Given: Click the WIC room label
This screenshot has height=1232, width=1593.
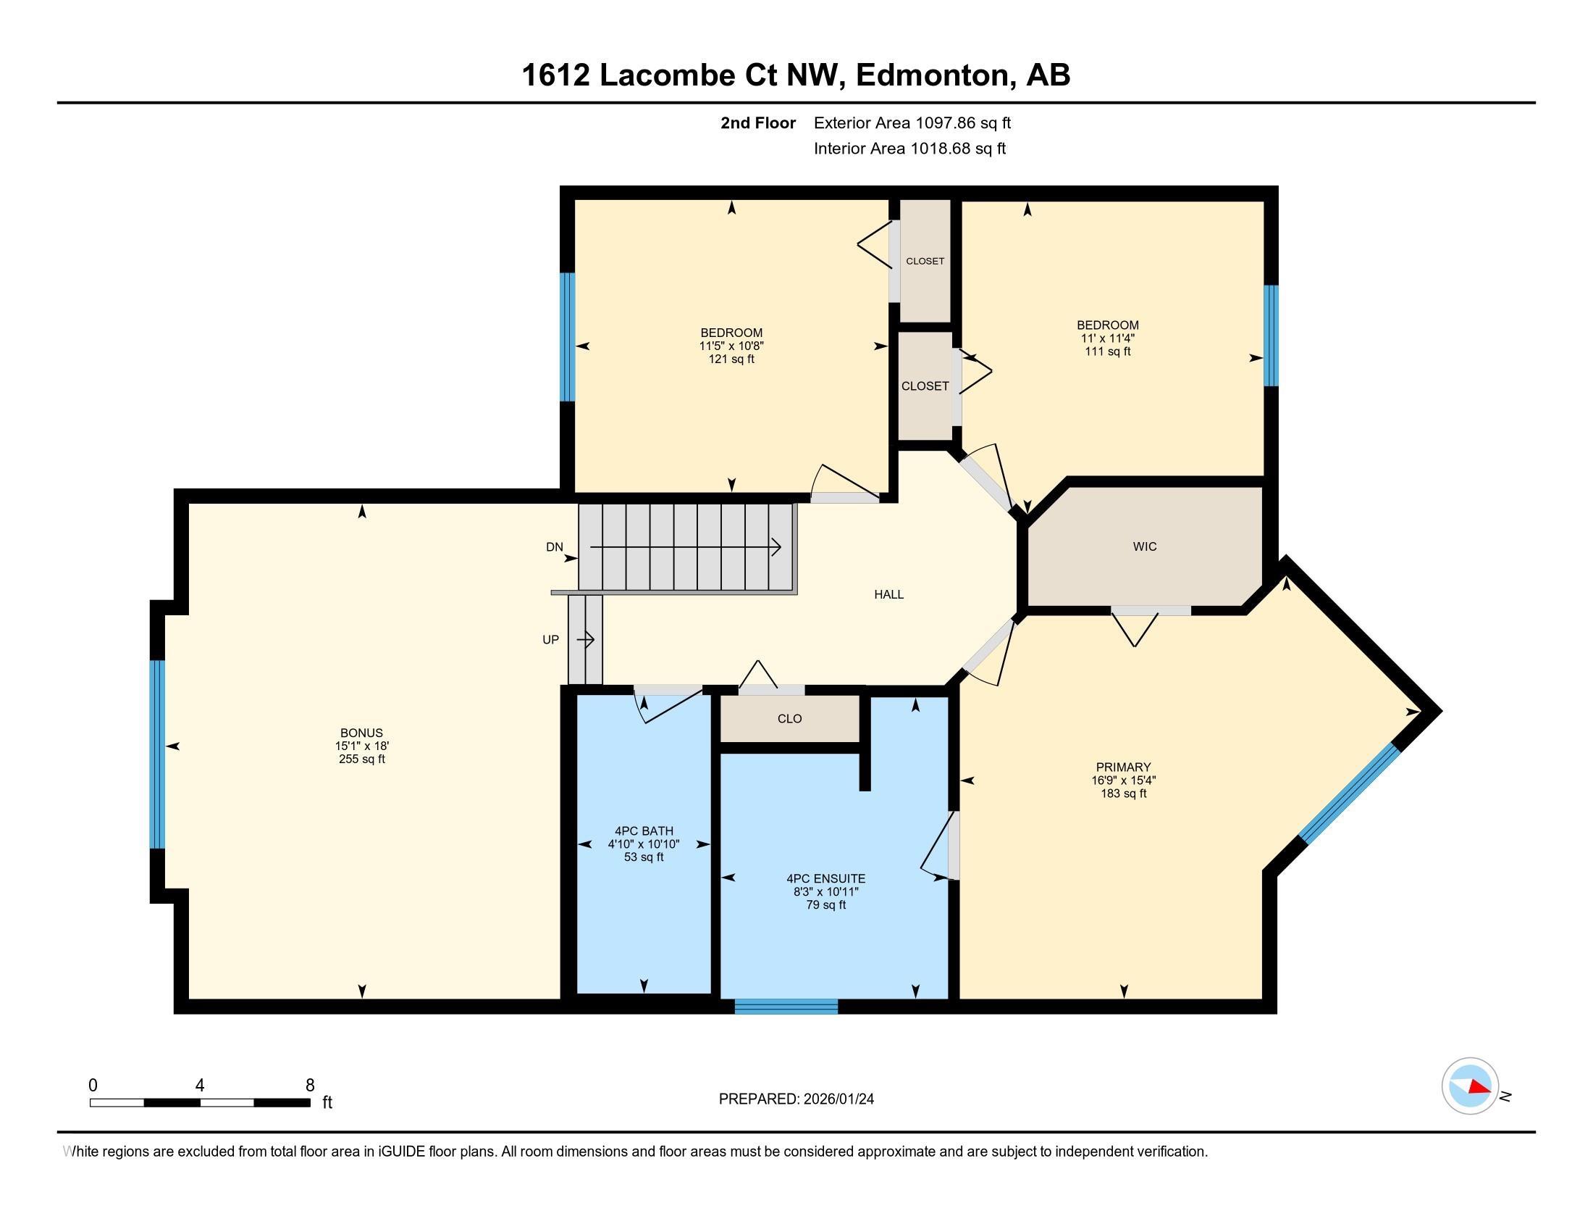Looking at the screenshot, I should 1144,546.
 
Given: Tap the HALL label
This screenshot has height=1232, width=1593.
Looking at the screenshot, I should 888,594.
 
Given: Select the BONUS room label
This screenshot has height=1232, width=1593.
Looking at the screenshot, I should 361,733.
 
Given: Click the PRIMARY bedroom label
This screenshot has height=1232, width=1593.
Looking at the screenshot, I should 1123,767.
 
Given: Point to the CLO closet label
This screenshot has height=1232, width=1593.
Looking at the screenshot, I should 789,719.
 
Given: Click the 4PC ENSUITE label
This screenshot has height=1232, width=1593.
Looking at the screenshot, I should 825,879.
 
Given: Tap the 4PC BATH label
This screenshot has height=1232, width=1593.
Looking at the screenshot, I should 643,831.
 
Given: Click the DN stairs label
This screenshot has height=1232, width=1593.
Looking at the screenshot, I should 555,546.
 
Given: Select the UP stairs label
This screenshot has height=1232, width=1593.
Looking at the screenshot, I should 551,639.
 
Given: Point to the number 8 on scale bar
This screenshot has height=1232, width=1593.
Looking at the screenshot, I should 310,1086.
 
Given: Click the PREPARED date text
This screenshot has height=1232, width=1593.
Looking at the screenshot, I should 796,1099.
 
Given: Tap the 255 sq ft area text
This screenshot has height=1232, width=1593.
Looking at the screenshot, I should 361,759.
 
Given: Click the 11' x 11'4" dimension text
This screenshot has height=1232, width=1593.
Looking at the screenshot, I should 1107,338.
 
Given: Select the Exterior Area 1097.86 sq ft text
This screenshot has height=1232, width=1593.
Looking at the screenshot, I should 912,122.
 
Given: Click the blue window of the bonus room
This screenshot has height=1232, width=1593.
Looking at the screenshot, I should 157,754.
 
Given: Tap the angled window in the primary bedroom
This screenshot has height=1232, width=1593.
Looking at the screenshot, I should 1350,794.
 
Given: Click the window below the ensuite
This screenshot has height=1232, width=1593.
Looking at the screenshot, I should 786,1007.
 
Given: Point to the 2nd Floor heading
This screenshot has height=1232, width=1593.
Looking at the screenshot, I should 758,122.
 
